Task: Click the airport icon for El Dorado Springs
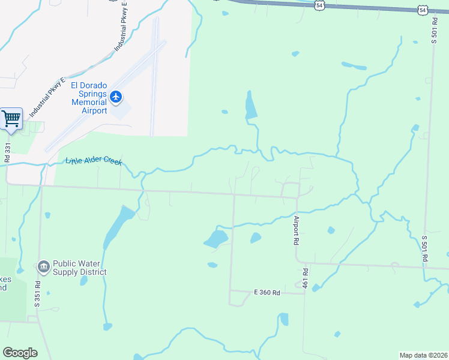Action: click(116, 96)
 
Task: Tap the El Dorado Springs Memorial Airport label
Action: click(89, 98)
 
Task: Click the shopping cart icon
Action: click(11, 118)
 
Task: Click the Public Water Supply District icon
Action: click(43, 266)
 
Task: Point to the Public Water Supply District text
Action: click(79, 268)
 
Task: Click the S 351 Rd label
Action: click(37, 294)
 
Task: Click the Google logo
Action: click(20, 352)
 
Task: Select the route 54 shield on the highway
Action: click(320, 5)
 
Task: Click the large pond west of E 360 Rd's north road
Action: click(215, 239)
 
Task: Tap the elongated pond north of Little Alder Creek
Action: click(250, 107)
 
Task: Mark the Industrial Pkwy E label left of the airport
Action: click(47, 98)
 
